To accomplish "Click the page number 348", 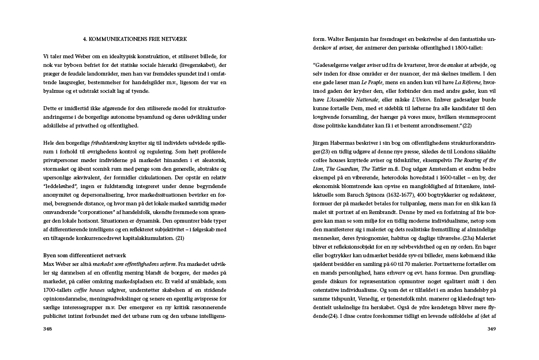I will [x=48, y=329].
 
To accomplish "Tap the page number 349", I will [x=491, y=329].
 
